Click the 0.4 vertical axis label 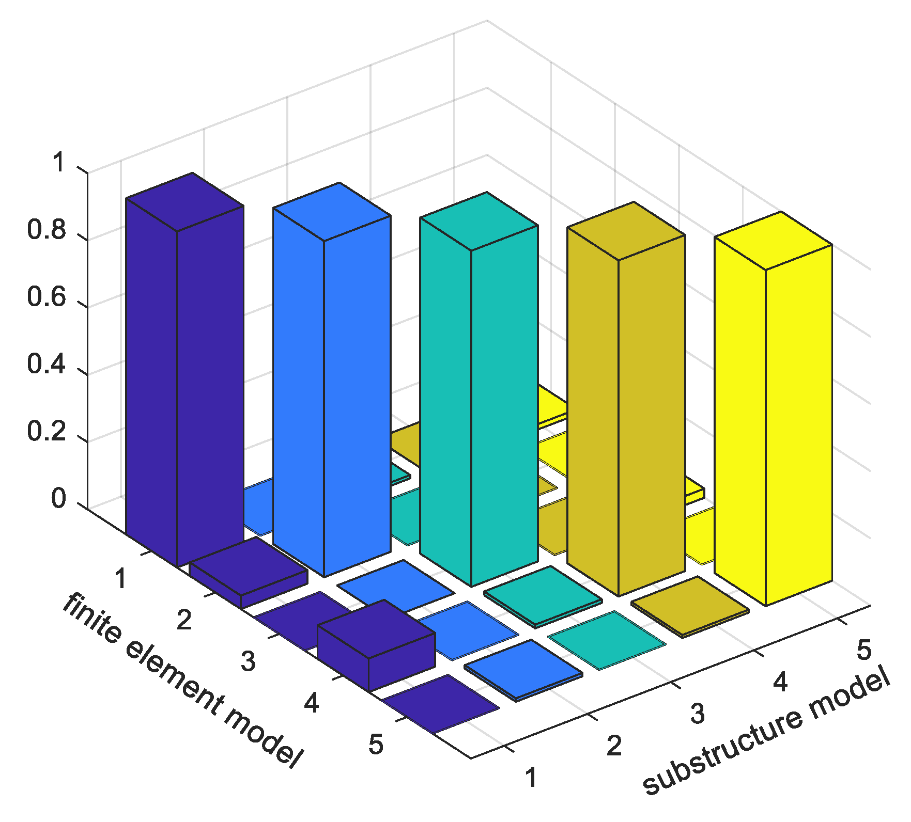pyautogui.click(x=47, y=364)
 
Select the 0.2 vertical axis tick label pyautogui.click(x=47, y=431)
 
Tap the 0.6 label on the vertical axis pyautogui.click(x=47, y=297)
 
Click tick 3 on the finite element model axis pyautogui.click(x=248, y=661)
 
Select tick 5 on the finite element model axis pyautogui.click(x=376, y=745)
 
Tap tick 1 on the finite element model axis pyautogui.click(x=121, y=578)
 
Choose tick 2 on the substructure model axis pyautogui.click(x=614, y=746)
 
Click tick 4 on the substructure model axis pyautogui.click(x=780, y=683)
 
